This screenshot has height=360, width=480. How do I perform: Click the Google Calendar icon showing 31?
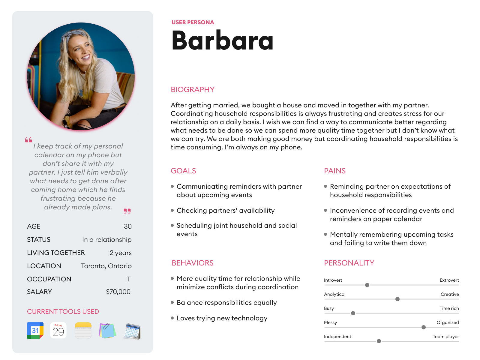coord(35,331)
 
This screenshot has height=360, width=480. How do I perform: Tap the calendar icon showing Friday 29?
coord(58,331)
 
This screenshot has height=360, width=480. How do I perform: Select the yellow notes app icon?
coord(83,331)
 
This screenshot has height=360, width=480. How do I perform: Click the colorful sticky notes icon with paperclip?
coord(107,331)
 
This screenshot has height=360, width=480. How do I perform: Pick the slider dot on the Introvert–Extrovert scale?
coord(367,285)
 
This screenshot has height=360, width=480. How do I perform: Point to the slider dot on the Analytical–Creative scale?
coord(397,299)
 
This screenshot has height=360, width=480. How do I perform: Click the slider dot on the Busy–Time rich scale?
coord(353,313)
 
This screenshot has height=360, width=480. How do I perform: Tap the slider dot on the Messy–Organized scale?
coord(424,327)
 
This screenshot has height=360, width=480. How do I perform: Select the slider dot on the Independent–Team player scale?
coord(379,341)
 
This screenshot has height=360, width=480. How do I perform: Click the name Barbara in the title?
coord(222,40)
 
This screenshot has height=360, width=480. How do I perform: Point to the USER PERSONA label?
coord(193,22)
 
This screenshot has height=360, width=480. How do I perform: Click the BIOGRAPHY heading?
coord(193,90)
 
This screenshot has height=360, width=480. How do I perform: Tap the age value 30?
coord(128,226)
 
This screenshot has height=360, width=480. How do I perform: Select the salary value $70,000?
coord(118,292)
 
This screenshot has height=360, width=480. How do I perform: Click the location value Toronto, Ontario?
coord(106,266)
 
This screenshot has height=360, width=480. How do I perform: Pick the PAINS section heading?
coord(335,171)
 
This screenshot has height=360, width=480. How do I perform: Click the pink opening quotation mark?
coord(28,140)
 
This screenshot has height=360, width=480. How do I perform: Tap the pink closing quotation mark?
coord(127,211)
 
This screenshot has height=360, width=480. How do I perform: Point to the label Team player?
coord(445,337)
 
